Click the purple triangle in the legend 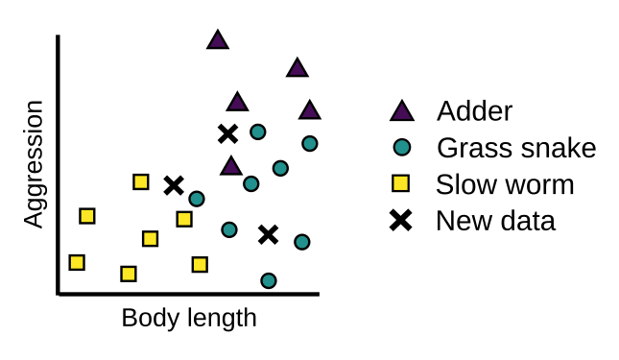coord(402,112)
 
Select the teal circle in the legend coord(402,147)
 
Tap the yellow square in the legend coord(400,183)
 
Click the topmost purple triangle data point coord(218,41)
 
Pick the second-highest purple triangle coord(298,69)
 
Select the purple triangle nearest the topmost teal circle coord(237,103)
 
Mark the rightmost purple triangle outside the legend coord(309,111)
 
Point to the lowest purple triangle coord(231,167)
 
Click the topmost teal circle coord(257,132)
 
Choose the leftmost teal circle coord(197,199)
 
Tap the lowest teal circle coord(269,280)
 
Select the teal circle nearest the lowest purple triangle coord(250,183)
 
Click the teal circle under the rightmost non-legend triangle coord(309,144)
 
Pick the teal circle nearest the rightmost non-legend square coord(228,229)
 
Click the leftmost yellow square coord(77,262)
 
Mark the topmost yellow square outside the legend coord(141,181)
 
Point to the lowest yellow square coord(129,274)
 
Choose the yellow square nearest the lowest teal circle coord(200,264)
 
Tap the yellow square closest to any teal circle coord(184,219)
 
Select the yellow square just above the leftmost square coord(87,216)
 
